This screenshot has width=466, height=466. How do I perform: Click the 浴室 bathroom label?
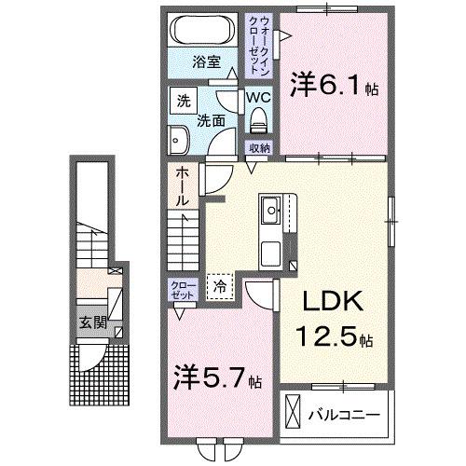point(206,62)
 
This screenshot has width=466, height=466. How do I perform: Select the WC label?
point(258,97)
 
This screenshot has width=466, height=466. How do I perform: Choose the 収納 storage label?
point(258,147)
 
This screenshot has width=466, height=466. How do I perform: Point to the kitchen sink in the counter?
point(272,209)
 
